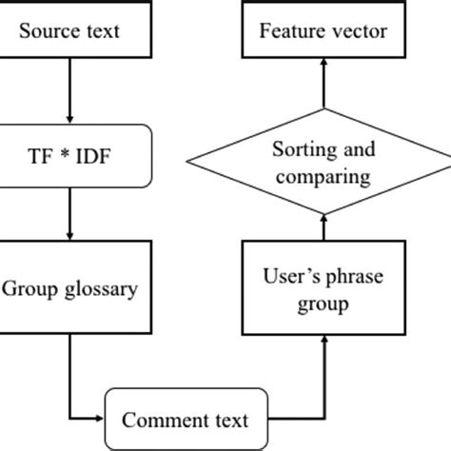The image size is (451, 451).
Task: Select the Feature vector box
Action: pyautogui.click(x=324, y=30)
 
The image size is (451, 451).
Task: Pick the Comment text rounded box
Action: pyautogui.click(x=186, y=420)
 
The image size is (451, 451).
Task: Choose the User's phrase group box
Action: pyautogui.click(x=324, y=290)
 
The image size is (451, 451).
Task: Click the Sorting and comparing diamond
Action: pyautogui.click(x=324, y=163)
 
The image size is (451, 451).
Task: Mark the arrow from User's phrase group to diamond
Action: pyautogui.click(x=324, y=227)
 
